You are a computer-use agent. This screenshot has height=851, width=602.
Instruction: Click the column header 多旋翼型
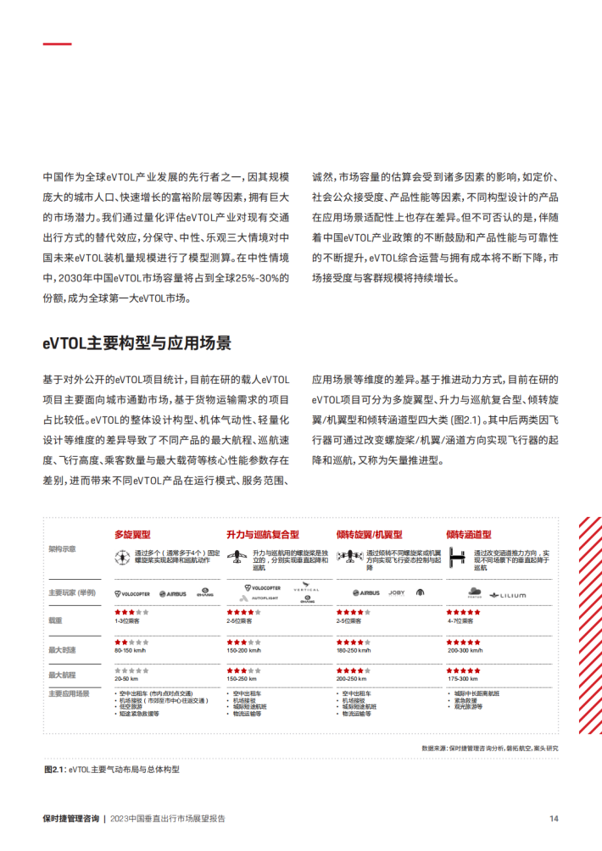point(132,535)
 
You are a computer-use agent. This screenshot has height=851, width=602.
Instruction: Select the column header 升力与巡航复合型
point(263,535)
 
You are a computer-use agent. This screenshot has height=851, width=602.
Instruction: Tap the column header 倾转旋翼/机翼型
point(369,535)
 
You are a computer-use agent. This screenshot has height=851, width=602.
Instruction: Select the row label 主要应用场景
point(69,693)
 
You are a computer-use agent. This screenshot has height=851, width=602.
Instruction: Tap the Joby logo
point(396,592)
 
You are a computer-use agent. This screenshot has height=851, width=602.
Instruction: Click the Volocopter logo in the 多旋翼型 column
point(132,593)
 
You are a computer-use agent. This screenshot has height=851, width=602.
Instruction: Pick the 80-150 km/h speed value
point(131,652)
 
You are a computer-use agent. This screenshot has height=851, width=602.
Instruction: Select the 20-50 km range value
point(126,679)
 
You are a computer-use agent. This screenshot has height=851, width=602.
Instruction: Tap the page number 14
point(553,819)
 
